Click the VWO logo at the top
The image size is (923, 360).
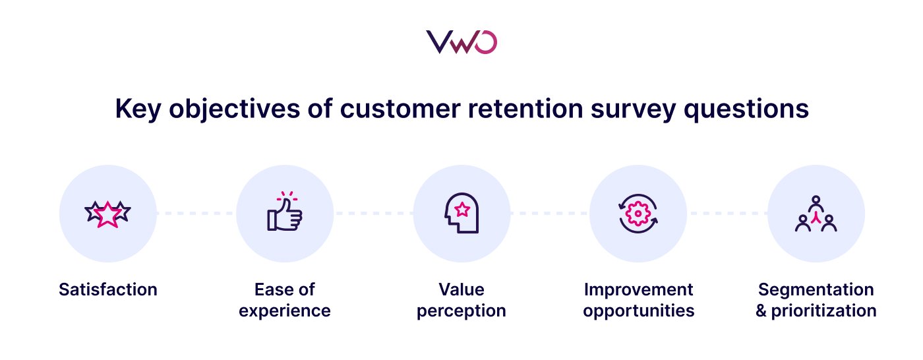pos(461,42)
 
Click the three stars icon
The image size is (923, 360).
pos(108,213)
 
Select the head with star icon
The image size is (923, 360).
pos(461,213)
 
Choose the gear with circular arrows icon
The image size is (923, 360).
pos(638,213)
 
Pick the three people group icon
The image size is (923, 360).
pos(816,213)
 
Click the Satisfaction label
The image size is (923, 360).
pos(108,289)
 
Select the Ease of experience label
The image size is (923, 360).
pos(285,300)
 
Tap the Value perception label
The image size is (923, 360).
pos(461,300)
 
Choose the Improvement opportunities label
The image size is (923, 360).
pos(638,300)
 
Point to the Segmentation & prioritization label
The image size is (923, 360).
pos(816,300)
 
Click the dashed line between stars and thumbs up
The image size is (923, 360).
pos(196,213)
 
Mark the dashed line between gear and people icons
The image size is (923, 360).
pos(727,213)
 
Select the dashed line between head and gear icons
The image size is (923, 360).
pos(550,213)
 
